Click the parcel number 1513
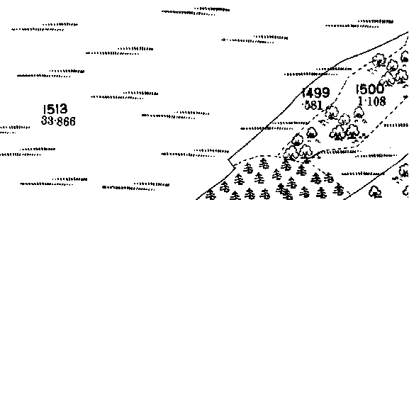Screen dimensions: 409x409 coord(55,109)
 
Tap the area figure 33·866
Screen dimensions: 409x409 coord(58,121)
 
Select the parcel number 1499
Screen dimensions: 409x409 coord(316,92)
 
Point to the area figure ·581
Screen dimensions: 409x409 coord(313,105)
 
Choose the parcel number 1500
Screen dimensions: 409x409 coord(370,89)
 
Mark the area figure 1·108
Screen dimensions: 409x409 coord(371,101)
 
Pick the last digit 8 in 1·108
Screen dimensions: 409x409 coord(382,101)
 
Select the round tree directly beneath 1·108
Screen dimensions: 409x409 coord(359,113)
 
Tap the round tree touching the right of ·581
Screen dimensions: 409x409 coord(332,113)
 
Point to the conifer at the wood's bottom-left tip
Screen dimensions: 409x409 coord(211,195)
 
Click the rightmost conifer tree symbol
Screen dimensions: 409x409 coord(338,189)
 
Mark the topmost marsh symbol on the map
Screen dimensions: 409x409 coord(196,11)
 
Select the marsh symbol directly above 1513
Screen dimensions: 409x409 coord(51,73)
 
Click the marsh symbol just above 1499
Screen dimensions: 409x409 coord(318,72)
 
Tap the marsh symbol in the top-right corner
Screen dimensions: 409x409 coord(359,23)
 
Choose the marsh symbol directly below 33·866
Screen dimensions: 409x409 coord(28,152)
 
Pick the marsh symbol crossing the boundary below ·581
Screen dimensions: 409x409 coord(274,125)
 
